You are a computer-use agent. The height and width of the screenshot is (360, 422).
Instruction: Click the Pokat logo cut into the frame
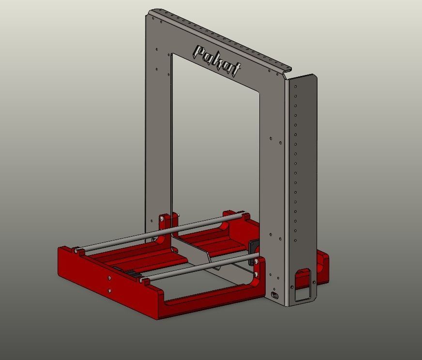pyautogui.click(x=216, y=60)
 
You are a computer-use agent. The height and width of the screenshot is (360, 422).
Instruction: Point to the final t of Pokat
pyautogui.click(x=235, y=70)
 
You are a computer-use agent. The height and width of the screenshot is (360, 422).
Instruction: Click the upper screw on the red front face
pyautogui.click(x=110, y=278)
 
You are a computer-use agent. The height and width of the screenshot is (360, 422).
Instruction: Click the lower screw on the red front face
pyautogui.click(x=110, y=290)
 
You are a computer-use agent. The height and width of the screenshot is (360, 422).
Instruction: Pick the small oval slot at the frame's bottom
pyautogui.click(x=275, y=295)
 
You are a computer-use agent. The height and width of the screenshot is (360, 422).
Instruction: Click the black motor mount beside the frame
pyautogui.click(x=252, y=251)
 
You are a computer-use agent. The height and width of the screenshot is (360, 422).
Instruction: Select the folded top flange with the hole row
pyautogui.click(x=218, y=36)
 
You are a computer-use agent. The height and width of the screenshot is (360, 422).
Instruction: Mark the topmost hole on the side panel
pyautogui.click(x=294, y=87)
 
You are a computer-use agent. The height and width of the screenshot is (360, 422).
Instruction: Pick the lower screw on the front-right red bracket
pyautogui.click(x=256, y=274)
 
